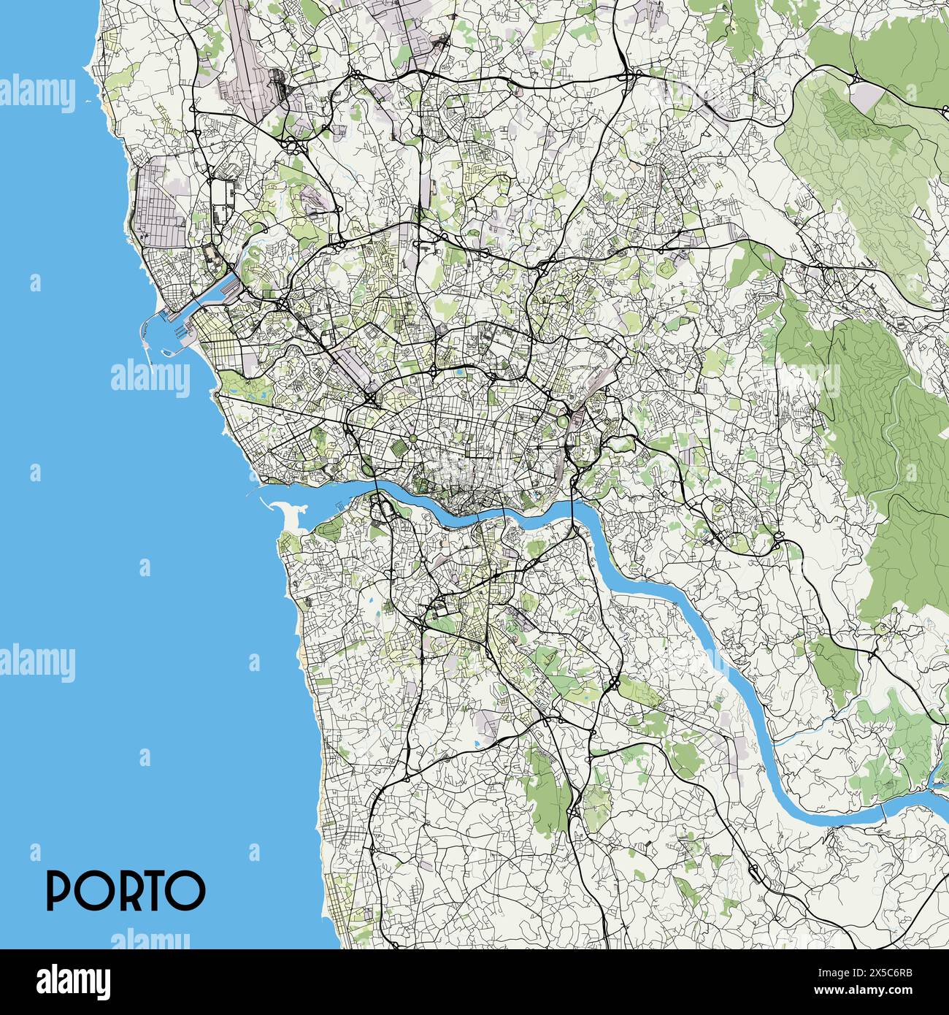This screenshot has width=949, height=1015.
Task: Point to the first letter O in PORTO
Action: tap(92, 889)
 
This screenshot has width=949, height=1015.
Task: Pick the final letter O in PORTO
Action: tap(188, 889)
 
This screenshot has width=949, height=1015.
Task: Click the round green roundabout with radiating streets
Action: tap(412, 438)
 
